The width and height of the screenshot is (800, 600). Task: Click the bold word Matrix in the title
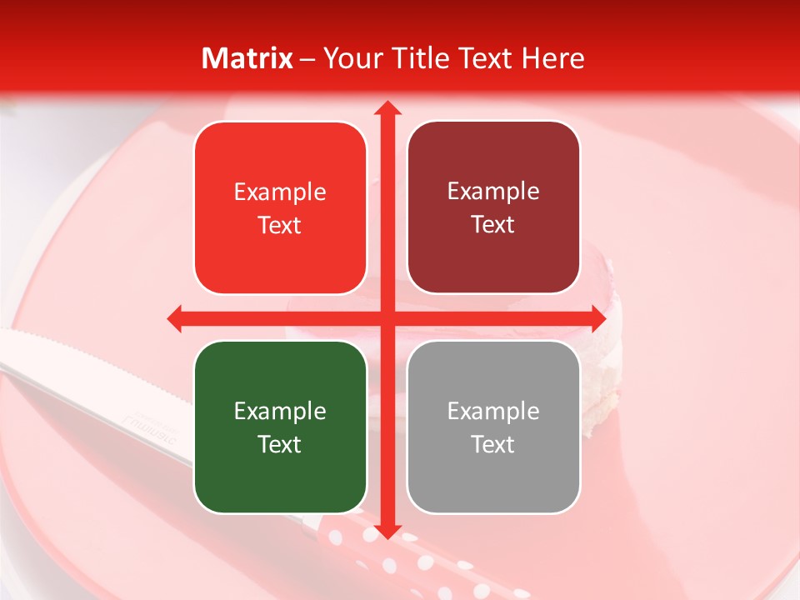click(247, 58)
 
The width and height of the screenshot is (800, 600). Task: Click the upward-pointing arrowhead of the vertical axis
click(387, 108)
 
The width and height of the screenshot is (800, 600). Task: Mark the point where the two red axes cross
click(387, 317)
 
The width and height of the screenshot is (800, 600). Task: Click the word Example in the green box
click(280, 411)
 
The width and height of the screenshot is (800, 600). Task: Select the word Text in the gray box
click(493, 444)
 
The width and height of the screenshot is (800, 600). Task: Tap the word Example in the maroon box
click(493, 191)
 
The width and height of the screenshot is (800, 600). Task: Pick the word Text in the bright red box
click(280, 225)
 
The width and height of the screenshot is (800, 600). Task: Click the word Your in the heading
click(350, 58)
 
